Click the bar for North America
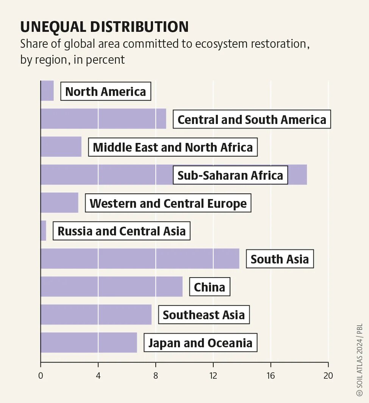point(47,91)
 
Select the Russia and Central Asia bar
point(43,231)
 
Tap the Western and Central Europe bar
point(59,202)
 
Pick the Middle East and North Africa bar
point(61,147)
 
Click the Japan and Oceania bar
point(89,343)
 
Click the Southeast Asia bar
point(96,315)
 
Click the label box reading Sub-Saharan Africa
point(230,175)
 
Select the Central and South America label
point(252,119)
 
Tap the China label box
point(210,287)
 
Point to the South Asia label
point(280,259)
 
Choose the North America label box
point(105,91)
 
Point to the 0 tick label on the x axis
point(41,376)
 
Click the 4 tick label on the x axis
point(98,376)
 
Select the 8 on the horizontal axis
point(156,376)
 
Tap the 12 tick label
point(213,376)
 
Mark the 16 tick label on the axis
point(271,376)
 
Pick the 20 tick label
point(328,376)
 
